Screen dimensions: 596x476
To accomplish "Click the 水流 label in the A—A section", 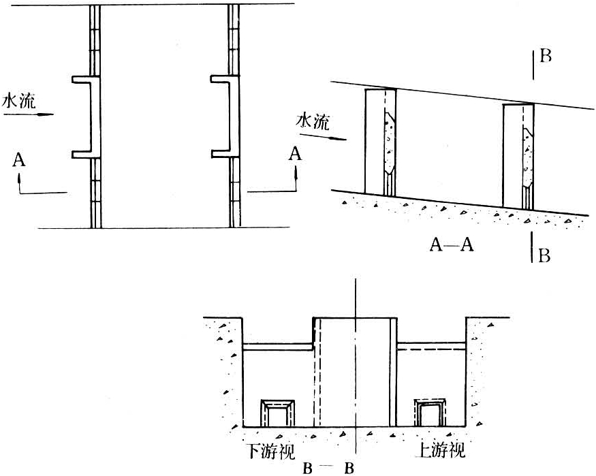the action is tap(313, 121).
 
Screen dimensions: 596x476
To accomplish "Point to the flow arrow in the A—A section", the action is tap(323, 137).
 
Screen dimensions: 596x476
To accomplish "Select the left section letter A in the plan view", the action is tap(18, 159).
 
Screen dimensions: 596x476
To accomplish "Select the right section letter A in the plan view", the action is tap(295, 154).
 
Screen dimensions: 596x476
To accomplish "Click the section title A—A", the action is tap(452, 244).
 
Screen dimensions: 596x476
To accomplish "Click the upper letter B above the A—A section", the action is tap(546, 57).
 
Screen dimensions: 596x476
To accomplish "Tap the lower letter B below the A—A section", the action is tap(544, 255).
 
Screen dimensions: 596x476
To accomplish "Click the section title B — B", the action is tap(328, 469).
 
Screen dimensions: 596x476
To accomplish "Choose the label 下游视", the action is tap(271, 451).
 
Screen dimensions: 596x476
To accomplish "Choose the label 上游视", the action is tap(441, 451).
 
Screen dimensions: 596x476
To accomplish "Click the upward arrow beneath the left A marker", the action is tap(19, 183).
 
